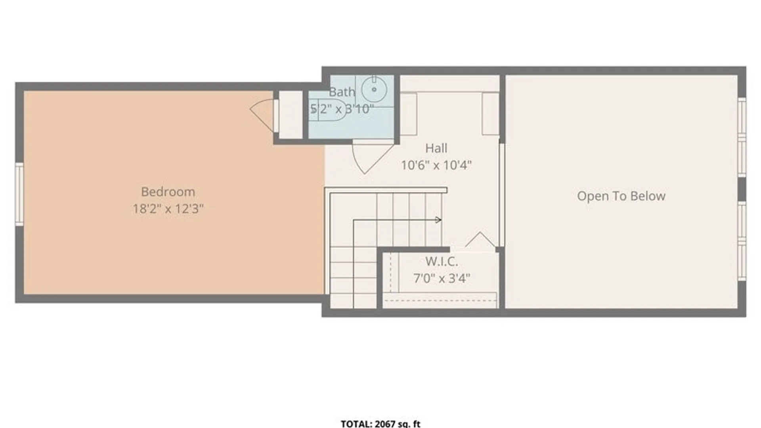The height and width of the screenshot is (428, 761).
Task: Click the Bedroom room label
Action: click(168, 192)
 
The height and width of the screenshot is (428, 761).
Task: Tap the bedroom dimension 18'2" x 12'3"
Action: click(168, 208)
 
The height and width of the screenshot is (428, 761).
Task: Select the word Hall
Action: click(436, 148)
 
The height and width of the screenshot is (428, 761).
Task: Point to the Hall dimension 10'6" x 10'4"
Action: click(436, 165)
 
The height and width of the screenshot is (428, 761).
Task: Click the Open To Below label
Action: click(621, 196)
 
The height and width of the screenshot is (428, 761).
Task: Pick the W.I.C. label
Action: click(442, 262)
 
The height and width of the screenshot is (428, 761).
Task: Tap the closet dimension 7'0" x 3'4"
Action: click(442, 278)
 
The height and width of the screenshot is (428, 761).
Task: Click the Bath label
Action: click(342, 92)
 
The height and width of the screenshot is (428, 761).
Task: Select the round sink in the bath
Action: click(374, 90)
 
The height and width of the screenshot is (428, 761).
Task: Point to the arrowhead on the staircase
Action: click(438, 220)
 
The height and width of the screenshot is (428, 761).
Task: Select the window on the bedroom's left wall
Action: click(19, 194)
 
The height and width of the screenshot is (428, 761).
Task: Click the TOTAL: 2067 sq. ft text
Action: click(380, 424)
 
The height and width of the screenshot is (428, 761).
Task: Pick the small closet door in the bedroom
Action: click(262, 115)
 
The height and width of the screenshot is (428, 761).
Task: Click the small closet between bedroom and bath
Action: click(291, 115)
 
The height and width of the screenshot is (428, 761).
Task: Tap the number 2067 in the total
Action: click(385, 424)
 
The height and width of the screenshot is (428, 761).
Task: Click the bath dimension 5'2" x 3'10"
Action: click(342, 109)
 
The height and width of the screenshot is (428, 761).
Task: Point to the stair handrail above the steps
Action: click(386, 190)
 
